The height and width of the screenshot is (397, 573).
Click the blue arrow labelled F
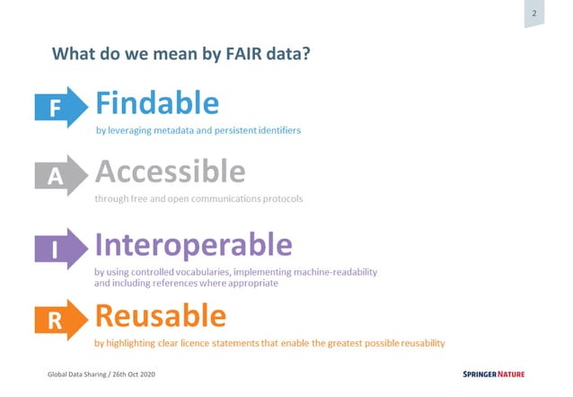point(59,107)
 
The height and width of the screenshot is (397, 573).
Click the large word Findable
point(157,103)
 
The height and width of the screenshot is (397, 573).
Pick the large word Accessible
point(170,172)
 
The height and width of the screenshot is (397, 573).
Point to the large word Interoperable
point(193,244)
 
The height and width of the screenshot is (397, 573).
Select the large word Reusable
point(160,315)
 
